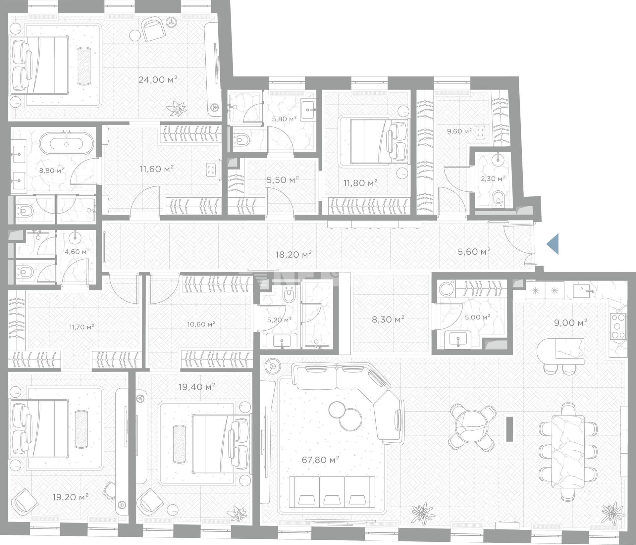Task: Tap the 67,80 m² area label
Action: (x=320, y=460)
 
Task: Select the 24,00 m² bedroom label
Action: (x=158, y=79)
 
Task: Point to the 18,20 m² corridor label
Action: (x=293, y=254)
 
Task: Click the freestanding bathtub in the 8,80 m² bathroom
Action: (x=67, y=144)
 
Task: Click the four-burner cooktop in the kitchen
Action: (x=618, y=326)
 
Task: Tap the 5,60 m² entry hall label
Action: (x=474, y=252)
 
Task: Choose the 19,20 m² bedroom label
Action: (x=71, y=497)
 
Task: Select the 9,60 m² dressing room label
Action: (x=459, y=131)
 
